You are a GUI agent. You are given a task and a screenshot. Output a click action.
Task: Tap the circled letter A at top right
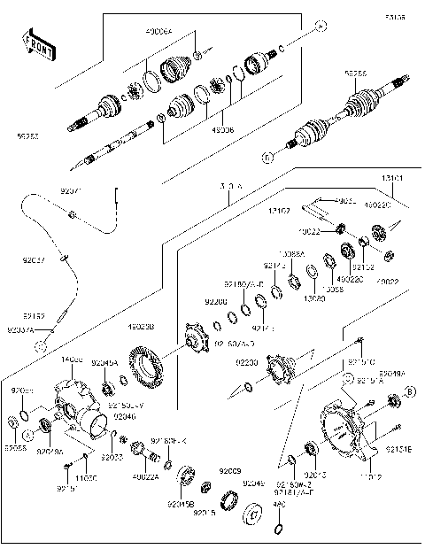tap(321, 26)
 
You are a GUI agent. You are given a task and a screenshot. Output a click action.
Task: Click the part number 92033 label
tap(112, 457)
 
